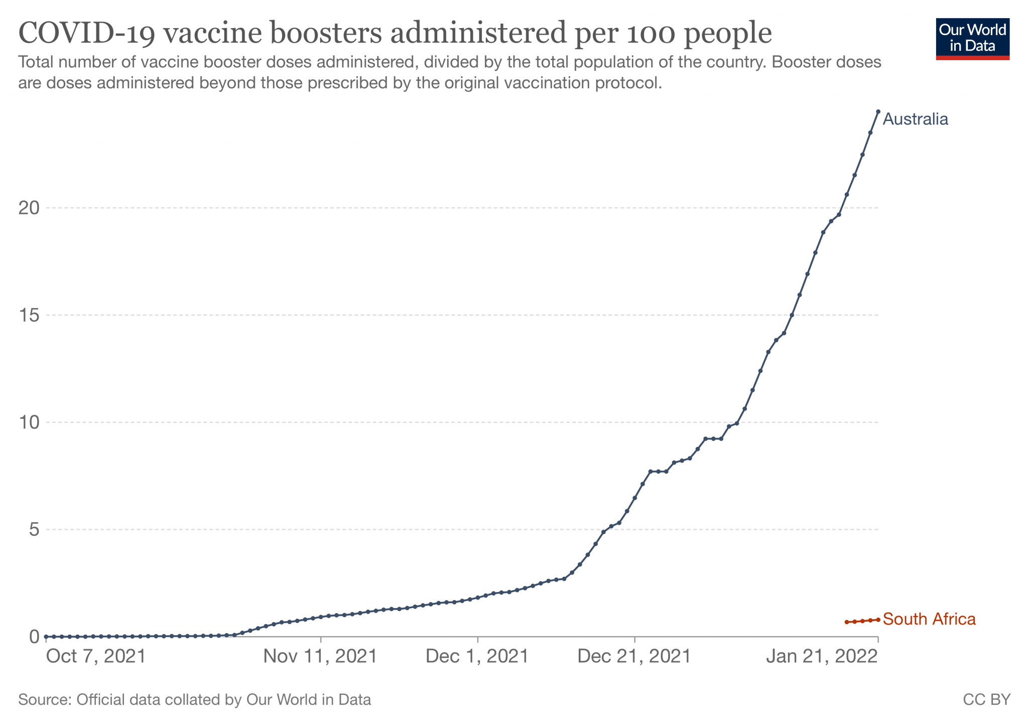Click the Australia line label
[x=915, y=119]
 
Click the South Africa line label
[x=929, y=619]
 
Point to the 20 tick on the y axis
[x=29, y=208]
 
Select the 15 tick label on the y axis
[x=29, y=315]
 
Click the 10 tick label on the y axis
[x=29, y=422]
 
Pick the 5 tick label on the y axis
[x=34, y=530]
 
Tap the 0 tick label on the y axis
[x=34, y=637]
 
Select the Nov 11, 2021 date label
[x=320, y=656]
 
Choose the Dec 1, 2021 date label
[x=477, y=656]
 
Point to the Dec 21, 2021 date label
[x=634, y=656]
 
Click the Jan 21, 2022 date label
[x=822, y=656]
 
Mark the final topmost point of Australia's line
[x=878, y=111]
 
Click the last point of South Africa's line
[x=878, y=620]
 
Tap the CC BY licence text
[x=986, y=700]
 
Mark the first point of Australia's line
[x=46, y=637]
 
